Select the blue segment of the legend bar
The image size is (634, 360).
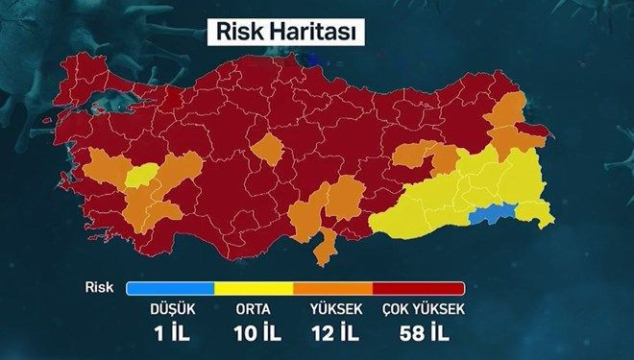coord(169,288)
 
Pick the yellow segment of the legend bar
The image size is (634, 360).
coord(254,288)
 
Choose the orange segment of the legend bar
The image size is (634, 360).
coord(332,288)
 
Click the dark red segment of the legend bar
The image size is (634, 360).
coord(418,288)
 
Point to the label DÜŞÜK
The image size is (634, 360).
coord(170,310)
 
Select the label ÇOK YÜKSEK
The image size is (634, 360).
coord(423,310)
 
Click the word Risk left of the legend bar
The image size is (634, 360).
coord(99,287)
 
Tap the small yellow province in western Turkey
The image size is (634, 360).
coord(142,174)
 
